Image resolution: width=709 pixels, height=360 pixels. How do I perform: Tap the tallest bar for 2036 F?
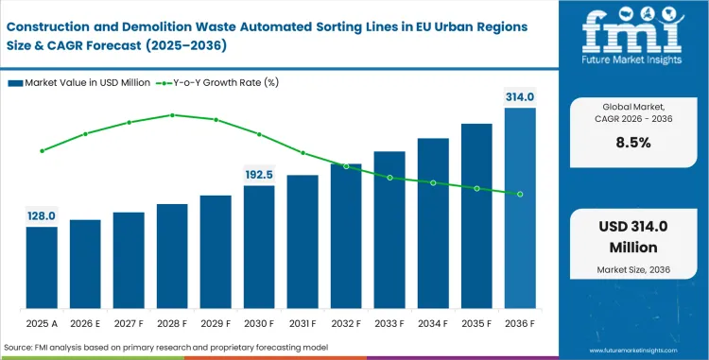pos(520,208)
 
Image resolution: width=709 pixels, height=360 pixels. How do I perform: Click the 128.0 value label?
pos(42,216)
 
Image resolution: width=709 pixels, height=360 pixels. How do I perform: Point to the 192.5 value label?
pos(259,175)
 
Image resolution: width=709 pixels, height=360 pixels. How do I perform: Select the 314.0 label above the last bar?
pos(520,96)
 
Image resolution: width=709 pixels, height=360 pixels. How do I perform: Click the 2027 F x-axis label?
pos(129,322)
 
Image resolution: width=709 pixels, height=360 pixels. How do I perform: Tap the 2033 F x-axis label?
pos(389,322)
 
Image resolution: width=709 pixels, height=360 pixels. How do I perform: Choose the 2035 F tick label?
pos(476,322)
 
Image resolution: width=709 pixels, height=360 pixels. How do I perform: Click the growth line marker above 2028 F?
pos(172,115)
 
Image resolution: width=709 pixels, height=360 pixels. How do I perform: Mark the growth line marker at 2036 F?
pos(520,194)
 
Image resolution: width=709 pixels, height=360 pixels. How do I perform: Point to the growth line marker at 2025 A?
pos(42,150)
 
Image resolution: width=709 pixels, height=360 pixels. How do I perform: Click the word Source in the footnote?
pos(22,348)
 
